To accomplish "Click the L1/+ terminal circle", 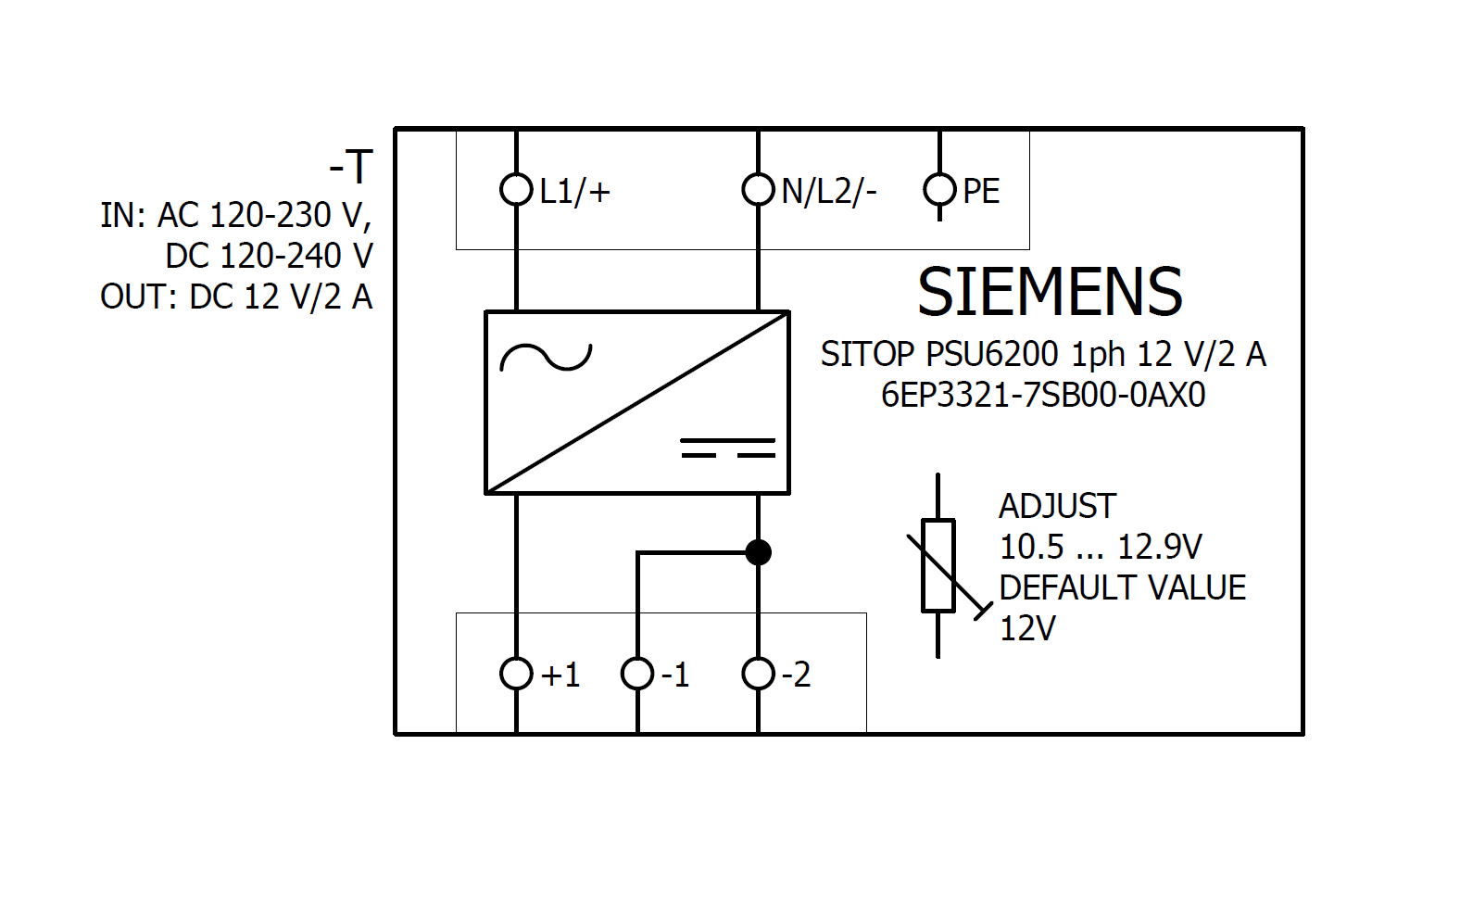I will pos(516,190).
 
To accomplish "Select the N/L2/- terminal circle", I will pos(758,190).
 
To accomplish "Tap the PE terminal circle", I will pos(938,190).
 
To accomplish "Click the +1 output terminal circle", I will pos(516,674).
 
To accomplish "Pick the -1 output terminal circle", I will pos(637,674).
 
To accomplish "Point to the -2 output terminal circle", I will pos(758,674).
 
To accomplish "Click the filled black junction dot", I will pos(758,552).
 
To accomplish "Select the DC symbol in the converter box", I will pos(728,448).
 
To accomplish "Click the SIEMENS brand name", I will pos(1050,292).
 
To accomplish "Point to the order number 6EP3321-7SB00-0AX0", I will pos(1043,396).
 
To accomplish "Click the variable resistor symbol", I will pos(938,565).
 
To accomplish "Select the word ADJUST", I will pos(1057,506).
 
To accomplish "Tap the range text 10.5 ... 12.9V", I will pos(1100,547).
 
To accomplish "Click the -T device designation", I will pos(351,168).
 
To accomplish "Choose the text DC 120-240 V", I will pos(269,256).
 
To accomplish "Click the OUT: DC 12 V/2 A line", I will pos(236,297).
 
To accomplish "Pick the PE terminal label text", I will pos(981,192).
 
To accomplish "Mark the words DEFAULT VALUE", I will pos(1122,587).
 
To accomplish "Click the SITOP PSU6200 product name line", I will pos(1043,354).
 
